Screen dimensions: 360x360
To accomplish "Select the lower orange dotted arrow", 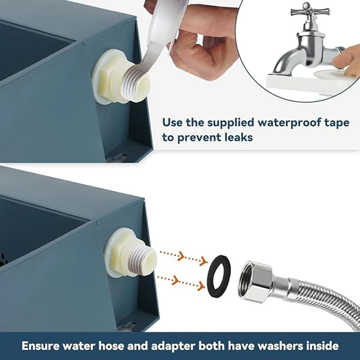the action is pos(181,282).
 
